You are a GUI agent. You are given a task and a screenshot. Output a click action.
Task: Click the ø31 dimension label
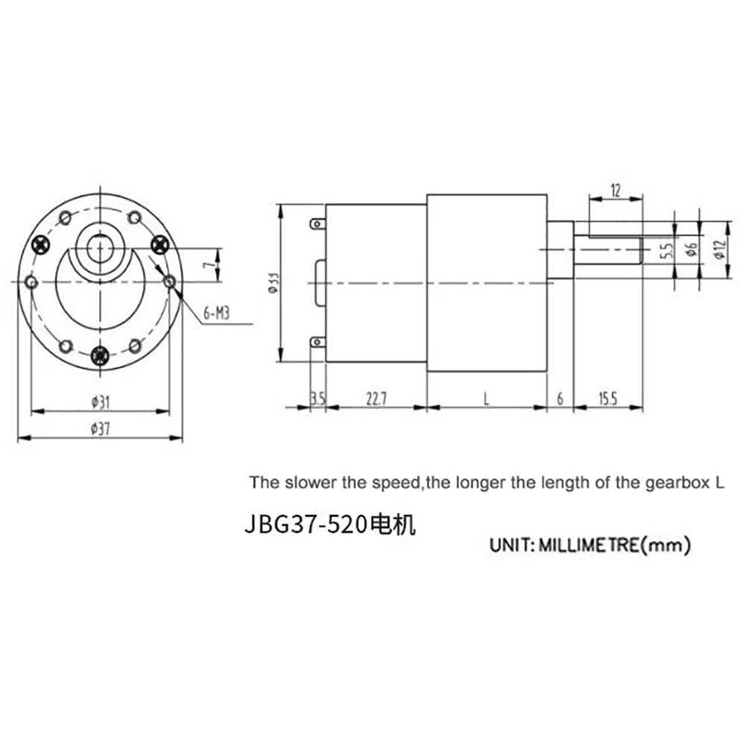coord(101,402)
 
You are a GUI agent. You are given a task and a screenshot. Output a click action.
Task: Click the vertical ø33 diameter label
coord(274,282)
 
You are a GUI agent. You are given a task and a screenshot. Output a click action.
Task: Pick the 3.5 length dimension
coord(318,399)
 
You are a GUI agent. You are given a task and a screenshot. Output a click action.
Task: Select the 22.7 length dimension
coord(376,399)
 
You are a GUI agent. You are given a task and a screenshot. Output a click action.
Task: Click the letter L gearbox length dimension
coord(486,399)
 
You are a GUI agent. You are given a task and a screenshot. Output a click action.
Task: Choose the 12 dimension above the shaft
coord(616,190)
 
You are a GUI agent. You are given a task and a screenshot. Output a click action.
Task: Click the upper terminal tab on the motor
coord(319,224)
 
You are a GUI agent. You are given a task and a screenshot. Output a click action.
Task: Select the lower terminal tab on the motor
coord(319,344)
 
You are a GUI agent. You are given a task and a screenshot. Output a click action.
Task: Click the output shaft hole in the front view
coord(99,247)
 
